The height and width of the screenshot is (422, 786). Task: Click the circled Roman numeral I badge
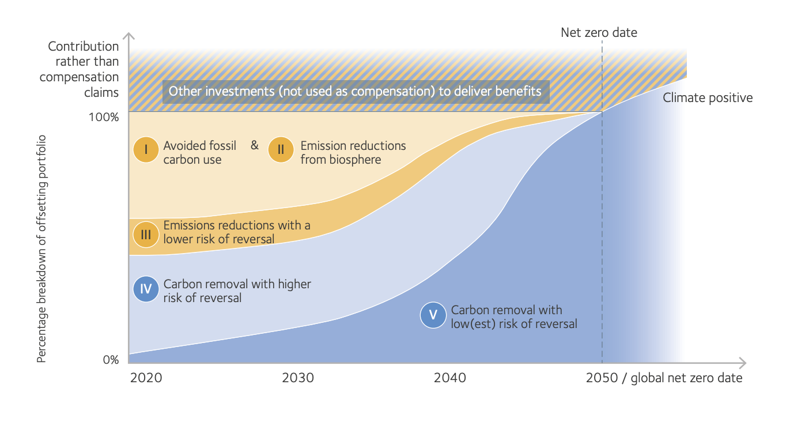(146, 150)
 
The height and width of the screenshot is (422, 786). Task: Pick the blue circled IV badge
(146, 289)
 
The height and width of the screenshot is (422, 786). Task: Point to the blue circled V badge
(433, 315)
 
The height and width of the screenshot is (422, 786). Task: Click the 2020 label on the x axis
(146, 378)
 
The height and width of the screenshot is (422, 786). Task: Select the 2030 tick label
(298, 378)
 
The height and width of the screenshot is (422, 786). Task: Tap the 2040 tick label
(450, 378)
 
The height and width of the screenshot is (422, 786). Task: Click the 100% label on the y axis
(104, 117)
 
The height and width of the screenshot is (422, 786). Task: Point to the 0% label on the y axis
(111, 360)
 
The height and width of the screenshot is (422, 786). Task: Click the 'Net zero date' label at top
(599, 32)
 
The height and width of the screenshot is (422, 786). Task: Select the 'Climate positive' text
(708, 98)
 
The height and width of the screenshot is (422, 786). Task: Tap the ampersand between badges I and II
(255, 145)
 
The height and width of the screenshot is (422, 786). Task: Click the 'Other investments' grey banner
(355, 91)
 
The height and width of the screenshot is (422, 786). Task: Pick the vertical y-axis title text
(41, 248)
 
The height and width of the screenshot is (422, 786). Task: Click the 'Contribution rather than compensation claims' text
(80, 69)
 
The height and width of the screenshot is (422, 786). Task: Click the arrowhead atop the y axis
(129, 37)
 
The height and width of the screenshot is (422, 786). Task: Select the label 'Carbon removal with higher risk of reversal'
(237, 291)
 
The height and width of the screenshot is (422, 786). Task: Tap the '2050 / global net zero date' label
(664, 378)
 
